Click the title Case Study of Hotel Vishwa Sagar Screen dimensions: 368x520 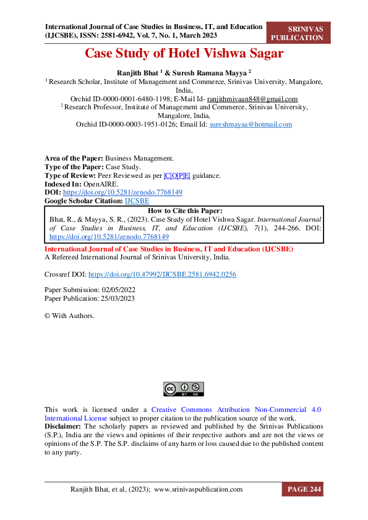pos(184,54)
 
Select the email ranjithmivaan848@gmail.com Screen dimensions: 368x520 pos(252,99)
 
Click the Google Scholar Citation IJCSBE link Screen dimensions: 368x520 pos(137,201)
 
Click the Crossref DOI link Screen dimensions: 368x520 pos(162,273)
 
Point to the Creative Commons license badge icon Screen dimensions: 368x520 pos(184,389)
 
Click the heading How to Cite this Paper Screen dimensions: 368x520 pos(184,210)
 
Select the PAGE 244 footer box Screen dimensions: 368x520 pos(302,490)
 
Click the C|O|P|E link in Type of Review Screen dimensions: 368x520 pos(178,175)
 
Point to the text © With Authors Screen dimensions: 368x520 pos(69,316)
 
